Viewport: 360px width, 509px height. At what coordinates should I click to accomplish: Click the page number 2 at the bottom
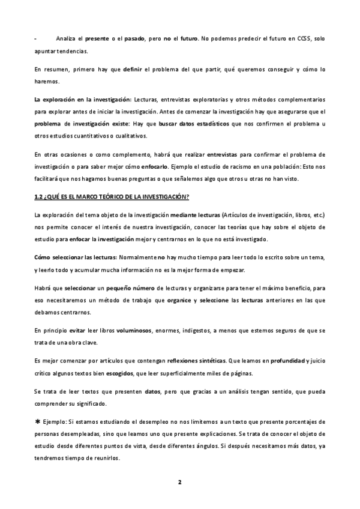[179, 482]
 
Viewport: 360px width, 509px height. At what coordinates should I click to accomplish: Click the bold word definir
[132, 69]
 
